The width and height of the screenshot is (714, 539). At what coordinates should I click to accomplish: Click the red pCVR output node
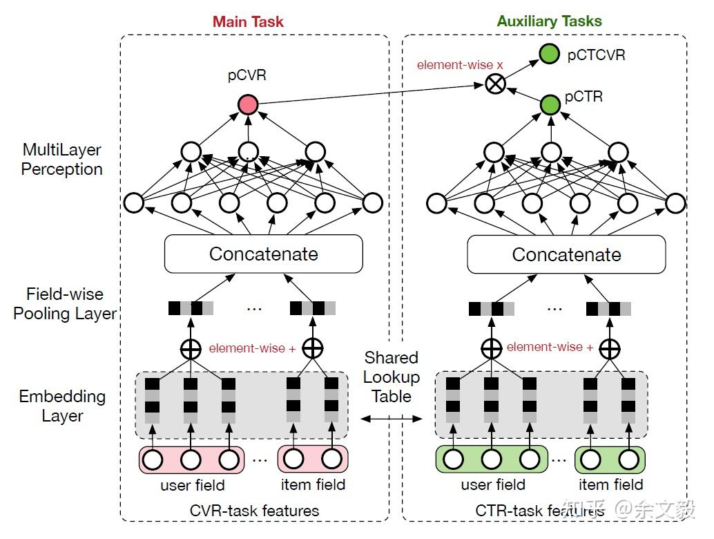pos(248,105)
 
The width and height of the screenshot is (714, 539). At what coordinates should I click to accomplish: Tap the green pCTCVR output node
pos(549,54)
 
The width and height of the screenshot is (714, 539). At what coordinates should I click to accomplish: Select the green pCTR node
pos(550,105)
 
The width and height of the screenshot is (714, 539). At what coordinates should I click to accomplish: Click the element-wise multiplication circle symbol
pos(495,84)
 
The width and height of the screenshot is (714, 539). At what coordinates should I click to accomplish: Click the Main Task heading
pos(248,21)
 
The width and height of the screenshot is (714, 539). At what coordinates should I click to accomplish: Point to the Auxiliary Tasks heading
pos(549,21)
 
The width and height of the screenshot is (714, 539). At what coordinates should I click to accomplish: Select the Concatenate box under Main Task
pos(264,254)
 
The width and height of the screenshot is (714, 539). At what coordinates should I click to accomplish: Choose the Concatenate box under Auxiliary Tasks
pos(566,254)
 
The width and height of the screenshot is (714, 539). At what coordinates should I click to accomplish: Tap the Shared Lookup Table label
pos(392,377)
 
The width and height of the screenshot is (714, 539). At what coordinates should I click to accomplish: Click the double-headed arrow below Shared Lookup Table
pos(392,419)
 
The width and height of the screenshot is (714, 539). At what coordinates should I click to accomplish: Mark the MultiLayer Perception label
pos(62,159)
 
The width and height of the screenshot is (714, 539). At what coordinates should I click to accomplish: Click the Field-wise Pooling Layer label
pos(65,303)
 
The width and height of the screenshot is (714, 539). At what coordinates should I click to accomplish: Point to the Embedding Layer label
pos(62,406)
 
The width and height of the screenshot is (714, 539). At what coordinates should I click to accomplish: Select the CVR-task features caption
pos(254,511)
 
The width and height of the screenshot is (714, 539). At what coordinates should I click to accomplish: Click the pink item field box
pos(313,460)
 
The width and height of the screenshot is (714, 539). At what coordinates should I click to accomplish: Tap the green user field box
pos(492,460)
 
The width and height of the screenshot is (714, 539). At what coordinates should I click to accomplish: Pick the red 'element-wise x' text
pos(460,65)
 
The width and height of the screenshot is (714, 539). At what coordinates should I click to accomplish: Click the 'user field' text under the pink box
pos(193,485)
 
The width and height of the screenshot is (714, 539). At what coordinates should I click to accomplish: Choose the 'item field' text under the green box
pos(610,484)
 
